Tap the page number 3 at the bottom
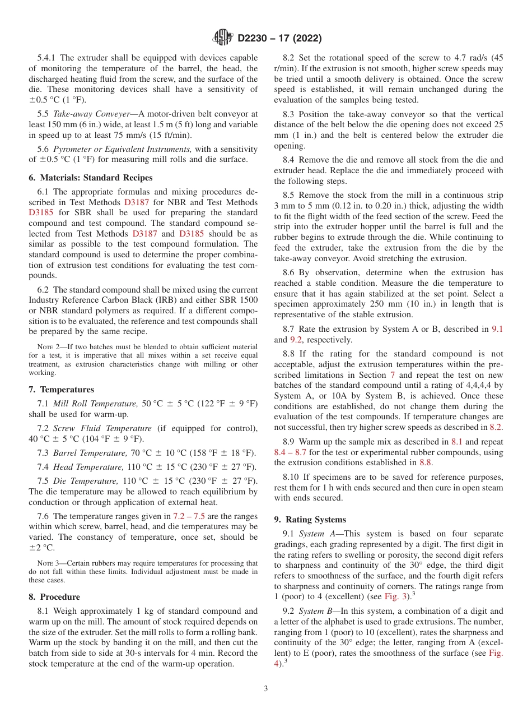(x=266, y=688)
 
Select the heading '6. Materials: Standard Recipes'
(x=91, y=178)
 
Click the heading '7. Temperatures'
(x=62, y=390)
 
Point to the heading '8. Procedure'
(x=54, y=597)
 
